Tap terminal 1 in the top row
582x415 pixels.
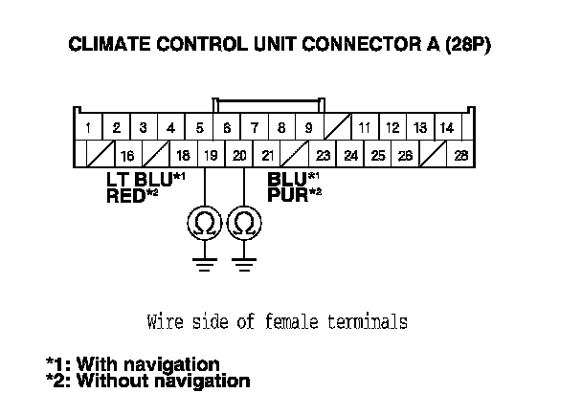point(87,127)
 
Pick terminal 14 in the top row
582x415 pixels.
point(447,127)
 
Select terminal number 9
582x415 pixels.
point(309,127)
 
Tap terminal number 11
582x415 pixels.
point(365,127)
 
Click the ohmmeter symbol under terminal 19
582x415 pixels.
point(205,224)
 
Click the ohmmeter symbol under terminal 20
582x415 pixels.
point(245,224)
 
